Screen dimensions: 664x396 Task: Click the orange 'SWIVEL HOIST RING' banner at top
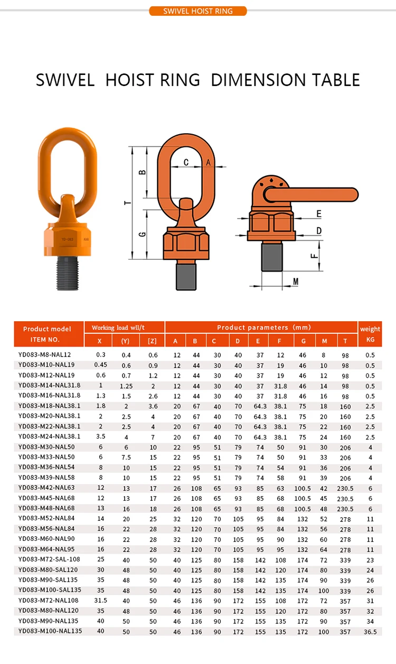point(198,11)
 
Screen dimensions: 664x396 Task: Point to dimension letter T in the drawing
point(126,203)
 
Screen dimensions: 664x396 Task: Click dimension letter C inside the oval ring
point(186,163)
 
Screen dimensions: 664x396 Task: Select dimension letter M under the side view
point(295,280)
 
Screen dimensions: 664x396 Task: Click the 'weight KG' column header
point(370,334)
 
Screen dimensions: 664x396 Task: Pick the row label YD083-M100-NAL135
point(50,631)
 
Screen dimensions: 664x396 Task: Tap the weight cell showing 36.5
point(370,631)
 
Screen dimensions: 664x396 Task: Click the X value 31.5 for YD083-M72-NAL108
point(100,601)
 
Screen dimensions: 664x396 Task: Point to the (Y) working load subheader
point(126,341)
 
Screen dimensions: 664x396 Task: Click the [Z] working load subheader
point(152,341)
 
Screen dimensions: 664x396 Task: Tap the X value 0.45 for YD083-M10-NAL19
point(100,365)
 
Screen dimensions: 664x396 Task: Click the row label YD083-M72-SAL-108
point(49,559)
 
